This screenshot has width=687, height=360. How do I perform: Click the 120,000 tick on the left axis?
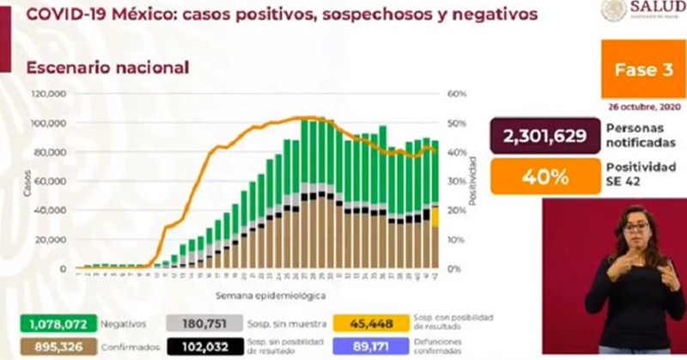(x=50, y=94)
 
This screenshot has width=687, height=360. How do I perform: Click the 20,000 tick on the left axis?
(x=52, y=240)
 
